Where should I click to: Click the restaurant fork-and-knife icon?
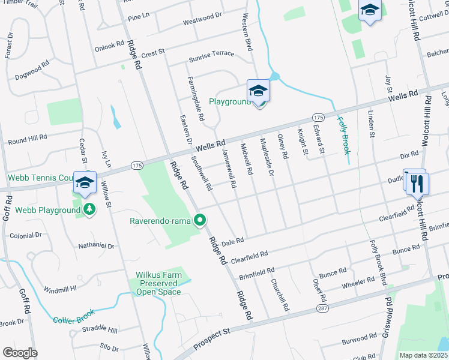tap(418, 184)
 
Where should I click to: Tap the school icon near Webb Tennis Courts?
tap(85, 182)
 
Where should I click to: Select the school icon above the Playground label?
tap(258, 91)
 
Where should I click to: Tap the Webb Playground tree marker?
tap(89, 210)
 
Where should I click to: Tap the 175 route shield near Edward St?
tap(318, 116)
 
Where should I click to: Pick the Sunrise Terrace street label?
tap(211, 53)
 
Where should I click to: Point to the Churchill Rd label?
tap(280, 295)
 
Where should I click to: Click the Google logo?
tap(20, 353)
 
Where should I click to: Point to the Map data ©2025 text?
tap(423, 355)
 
